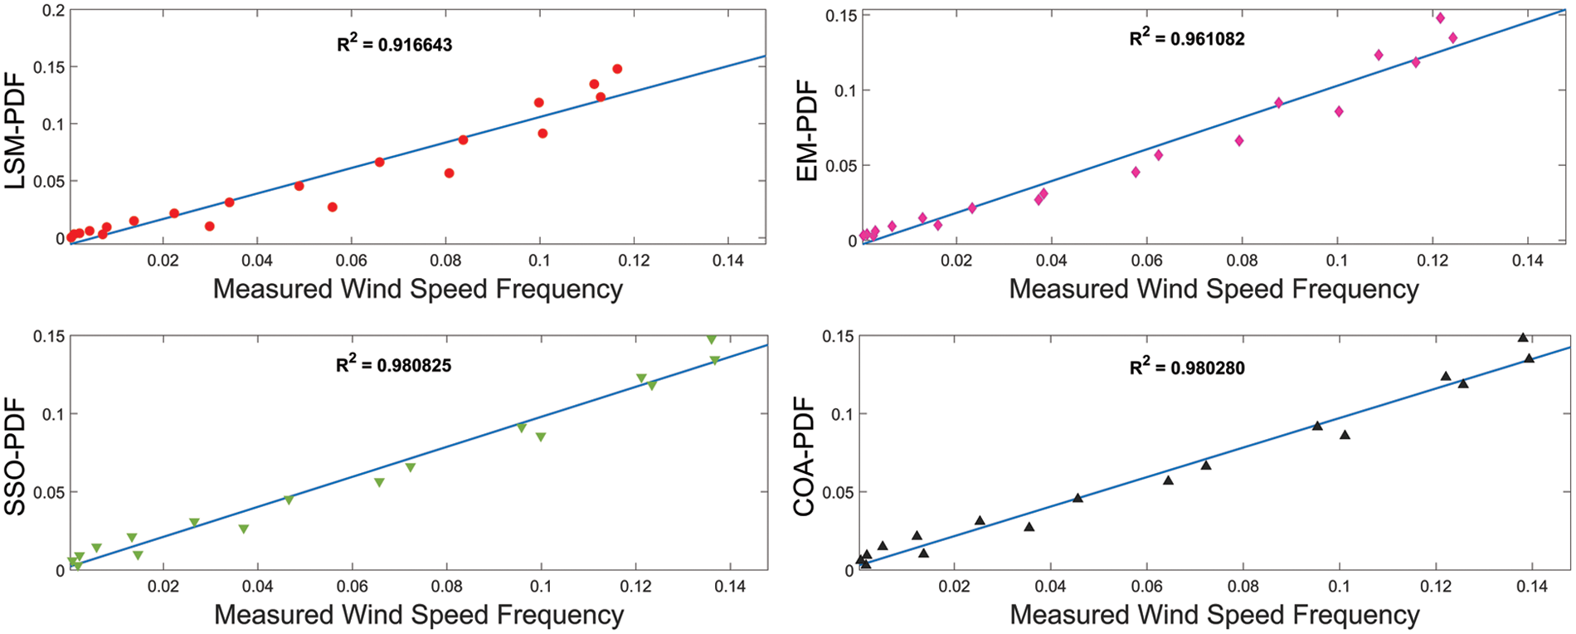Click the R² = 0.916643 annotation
[x=394, y=45]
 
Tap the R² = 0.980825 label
[x=393, y=365]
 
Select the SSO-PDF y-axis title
[x=17, y=456]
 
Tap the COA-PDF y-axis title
[x=806, y=456]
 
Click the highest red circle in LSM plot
[x=617, y=69]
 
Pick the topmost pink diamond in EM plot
[x=1440, y=17]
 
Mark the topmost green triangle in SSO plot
[x=711, y=339]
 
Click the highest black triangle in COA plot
[x=1523, y=337]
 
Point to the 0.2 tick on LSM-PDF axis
[x=53, y=10]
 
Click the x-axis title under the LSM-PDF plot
[x=417, y=289]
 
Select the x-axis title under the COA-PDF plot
[x=1214, y=615]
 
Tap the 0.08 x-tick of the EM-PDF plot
[x=1242, y=261]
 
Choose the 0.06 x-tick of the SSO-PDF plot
[x=353, y=588]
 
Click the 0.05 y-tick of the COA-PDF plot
[x=838, y=492]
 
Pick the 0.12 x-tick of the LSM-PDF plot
[x=634, y=261]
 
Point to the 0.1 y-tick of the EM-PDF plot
[x=844, y=90]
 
